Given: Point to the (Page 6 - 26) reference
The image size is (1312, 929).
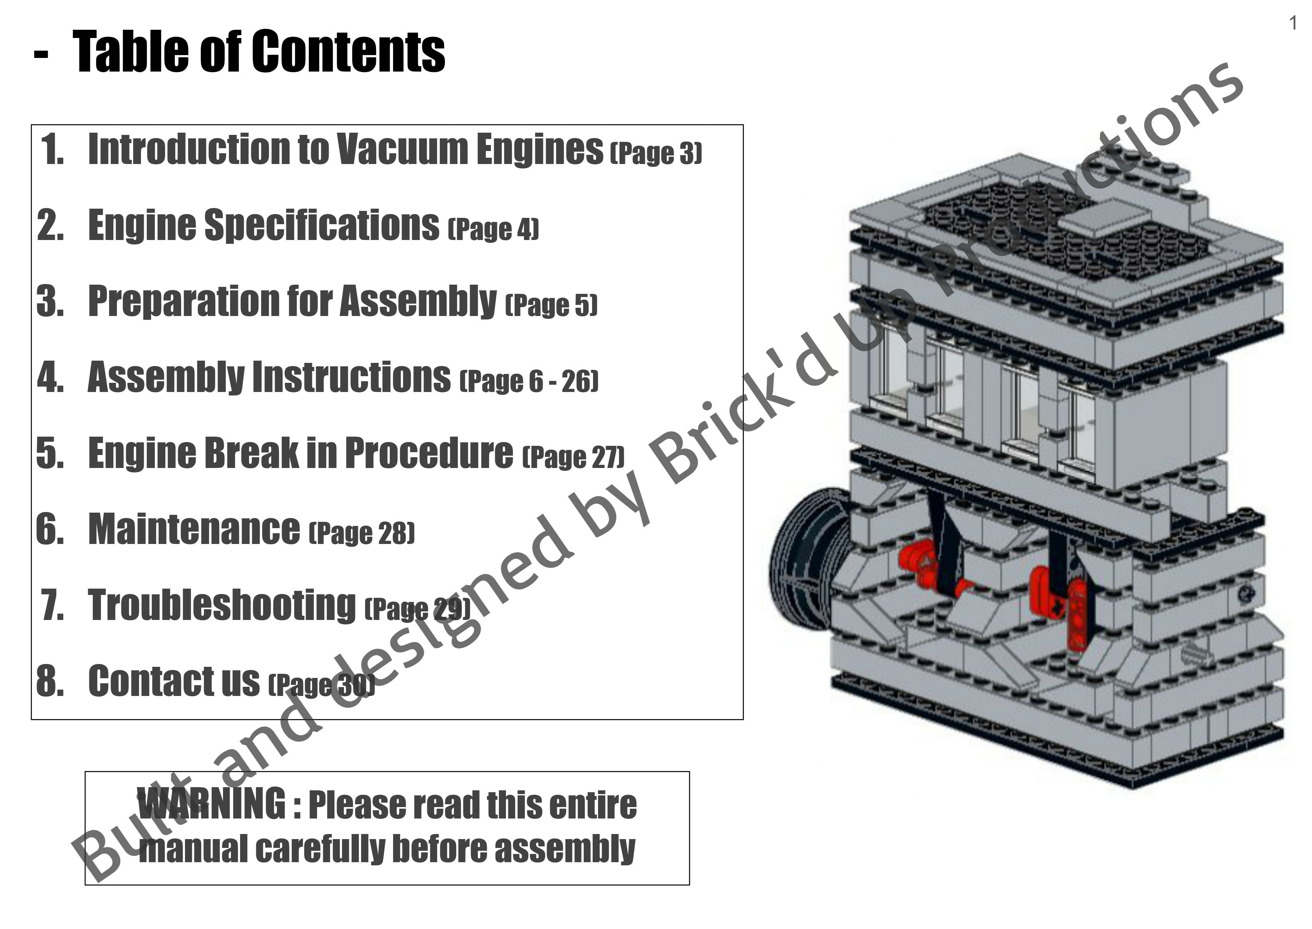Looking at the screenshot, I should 529,381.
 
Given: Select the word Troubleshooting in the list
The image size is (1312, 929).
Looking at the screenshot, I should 222,605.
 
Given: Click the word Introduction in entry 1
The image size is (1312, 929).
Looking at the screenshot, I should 189,149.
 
